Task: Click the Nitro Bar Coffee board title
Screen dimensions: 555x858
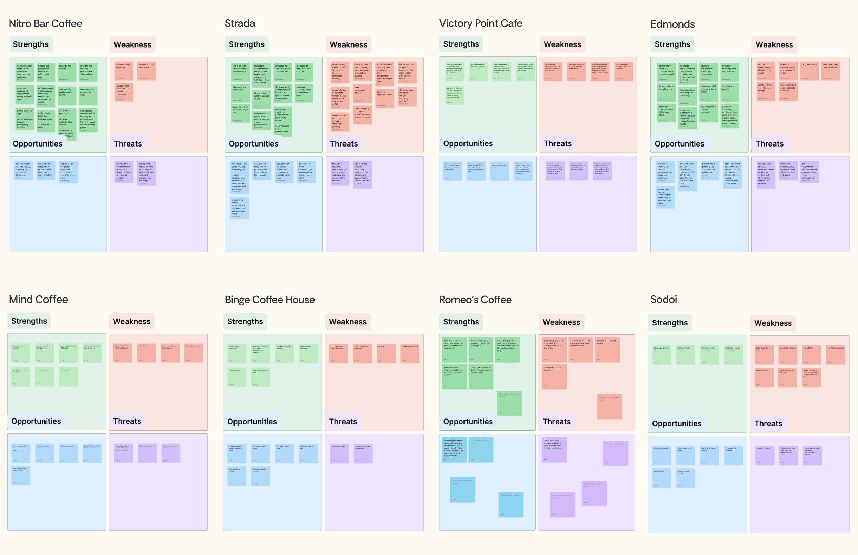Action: pyautogui.click(x=46, y=24)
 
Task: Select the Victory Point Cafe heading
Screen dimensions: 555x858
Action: pyautogui.click(x=480, y=23)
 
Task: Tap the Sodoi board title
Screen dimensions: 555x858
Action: pyautogui.click(x=663, y=300)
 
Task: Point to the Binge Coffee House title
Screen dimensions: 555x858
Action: pyautogui.click(x=269, y=300)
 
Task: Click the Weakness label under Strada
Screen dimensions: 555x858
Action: pyautogui.click(x=348, y=45)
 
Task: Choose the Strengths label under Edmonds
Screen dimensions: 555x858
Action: pyautogui.click(x=672, y=44)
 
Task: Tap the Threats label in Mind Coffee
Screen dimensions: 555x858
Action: pyautogui.click(x=127, y=421)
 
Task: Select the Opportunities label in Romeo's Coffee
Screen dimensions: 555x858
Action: pyautogui.click(x=468, y=422)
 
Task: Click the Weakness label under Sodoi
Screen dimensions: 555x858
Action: pyautogui.click(x=772, y=323)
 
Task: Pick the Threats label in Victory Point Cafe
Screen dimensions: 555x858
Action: pyautogui.click(x=557, y=143)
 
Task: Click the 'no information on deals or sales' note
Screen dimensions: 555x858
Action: pyautogui.click(x=146, y=71)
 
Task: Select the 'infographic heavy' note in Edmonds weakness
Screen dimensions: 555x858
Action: pyautogui.click(x=809, y=71)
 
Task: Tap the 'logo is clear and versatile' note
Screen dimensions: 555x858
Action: pyautogui.click(x=730, y=93)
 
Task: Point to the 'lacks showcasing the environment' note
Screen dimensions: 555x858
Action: pyautogui.click(x=830, y=71)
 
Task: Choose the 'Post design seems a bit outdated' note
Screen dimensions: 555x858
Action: pyautogui.click(x=607, y=350)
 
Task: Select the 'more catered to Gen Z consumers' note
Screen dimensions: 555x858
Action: pyautogui.click(x=554, y=376)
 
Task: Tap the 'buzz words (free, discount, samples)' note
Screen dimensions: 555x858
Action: pyautogui.click(x=709, y=113)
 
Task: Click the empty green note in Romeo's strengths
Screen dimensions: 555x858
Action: pyautogui.click(x=509, y=403)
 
